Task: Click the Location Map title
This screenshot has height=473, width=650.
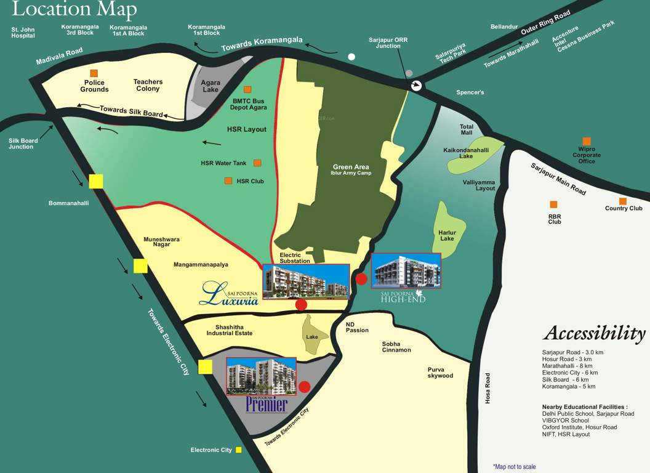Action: [x=74, y=10]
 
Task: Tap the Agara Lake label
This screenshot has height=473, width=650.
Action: [x=211, y=86]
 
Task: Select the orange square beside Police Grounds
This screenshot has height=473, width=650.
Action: [x=94, y=73]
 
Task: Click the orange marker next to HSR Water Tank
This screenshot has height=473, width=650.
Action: [x=257, y=163]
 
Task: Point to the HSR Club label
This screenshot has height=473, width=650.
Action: [x=250, y=181]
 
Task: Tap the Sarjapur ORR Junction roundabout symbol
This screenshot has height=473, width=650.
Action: [x=417, y=86]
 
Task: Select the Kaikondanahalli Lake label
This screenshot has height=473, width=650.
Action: [x=466, y=153]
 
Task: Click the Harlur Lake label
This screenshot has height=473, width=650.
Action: [x=447, y=235]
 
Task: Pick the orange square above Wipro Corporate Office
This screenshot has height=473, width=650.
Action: [x=587, y=141]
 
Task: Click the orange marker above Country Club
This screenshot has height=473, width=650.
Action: [x=623, y=201]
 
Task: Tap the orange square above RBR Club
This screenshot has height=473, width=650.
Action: [x=553, y=204]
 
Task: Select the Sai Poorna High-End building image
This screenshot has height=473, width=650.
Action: [x=406, y=270]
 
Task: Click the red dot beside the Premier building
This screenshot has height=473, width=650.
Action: [x=304, y=387]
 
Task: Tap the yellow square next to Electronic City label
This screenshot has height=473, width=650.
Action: [x=239, y=450]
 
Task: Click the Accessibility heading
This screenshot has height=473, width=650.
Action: [x=594, y=333]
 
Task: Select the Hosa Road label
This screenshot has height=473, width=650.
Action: [x=487, y=388]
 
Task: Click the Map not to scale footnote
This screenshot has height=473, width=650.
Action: [x=514, y=467]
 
